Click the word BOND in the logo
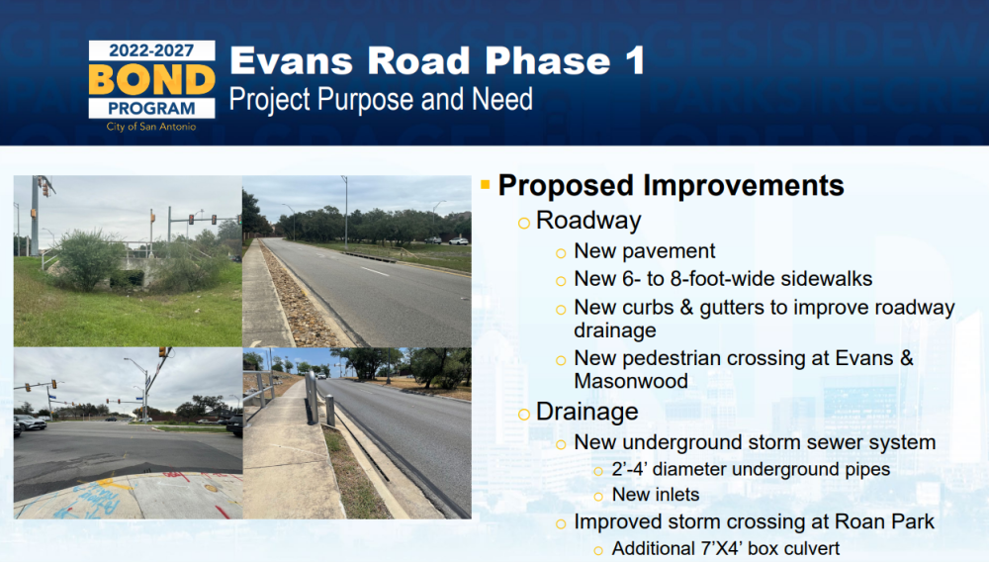(x=151, y=79)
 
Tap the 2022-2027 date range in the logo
(x=151, y=50)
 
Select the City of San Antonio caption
(x=151, y=127)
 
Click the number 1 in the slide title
(x=635, y=60)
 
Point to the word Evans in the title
(x=292, y=61)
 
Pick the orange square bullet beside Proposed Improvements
(x=485, y=184)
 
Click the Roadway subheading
(x=588, y=220)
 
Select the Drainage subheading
(x=587, y=412)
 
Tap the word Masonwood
(x=631, y=381)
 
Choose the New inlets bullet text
(x=656, y=495)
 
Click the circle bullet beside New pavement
(x=561, y=253)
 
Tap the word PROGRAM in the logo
(x=151, y=109)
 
